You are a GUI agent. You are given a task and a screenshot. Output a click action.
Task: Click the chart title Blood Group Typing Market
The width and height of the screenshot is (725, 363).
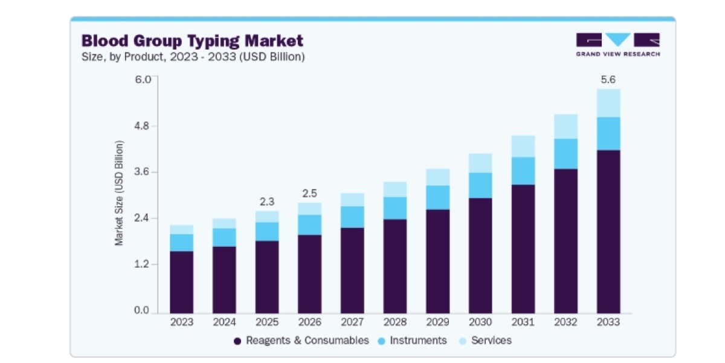coord(192,41)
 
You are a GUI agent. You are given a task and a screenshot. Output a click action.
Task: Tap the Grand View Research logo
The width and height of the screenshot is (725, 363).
coord(618,45)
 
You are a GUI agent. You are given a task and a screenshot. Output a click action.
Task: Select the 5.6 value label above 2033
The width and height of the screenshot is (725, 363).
coord(608,79)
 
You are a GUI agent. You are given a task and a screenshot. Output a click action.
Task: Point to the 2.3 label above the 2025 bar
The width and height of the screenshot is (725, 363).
coord(267,201)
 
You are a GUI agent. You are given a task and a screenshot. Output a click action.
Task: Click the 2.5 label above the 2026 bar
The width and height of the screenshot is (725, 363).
coord(310,194)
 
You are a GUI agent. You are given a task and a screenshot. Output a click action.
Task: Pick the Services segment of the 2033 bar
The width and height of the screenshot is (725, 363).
coord(608,103)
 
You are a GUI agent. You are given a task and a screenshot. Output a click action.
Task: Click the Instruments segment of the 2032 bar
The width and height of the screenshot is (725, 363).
coord(565,154)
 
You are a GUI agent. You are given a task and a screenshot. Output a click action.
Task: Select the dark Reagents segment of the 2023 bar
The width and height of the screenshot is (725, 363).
coord(182,283)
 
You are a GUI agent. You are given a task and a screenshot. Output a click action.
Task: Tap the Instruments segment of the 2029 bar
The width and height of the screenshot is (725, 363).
coord(438,198)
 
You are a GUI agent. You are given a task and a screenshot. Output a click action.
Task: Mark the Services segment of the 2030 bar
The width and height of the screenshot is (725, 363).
coord(480,163)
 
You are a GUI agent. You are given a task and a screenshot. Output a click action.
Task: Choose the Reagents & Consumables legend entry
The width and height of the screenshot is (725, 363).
coord(301,341)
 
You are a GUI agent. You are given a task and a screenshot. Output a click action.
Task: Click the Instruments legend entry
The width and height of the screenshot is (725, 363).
coord(412,341)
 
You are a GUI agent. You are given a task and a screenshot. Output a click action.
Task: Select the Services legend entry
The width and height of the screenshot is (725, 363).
coord(486,341)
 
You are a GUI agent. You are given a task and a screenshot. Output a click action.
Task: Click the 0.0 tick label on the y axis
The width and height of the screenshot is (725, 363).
coord(141,310)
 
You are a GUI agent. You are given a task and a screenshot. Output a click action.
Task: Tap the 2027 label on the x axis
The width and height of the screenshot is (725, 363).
coord(352,322)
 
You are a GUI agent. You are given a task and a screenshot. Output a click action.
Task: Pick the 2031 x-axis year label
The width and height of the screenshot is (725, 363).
coord(523,322)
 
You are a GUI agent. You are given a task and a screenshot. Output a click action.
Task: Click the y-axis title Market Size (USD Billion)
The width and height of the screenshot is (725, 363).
coord(119,193)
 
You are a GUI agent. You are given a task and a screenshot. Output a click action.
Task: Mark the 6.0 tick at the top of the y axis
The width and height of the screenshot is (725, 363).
coord(143,79)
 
